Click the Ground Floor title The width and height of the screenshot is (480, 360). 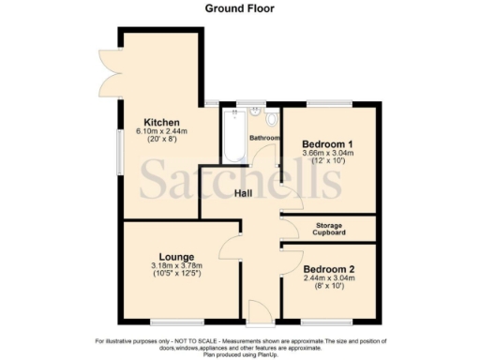pos(240,7)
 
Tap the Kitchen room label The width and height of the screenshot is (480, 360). pos(156,122)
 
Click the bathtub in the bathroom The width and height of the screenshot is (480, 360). pos(232,137)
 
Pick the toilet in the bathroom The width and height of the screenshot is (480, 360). pos(272,120)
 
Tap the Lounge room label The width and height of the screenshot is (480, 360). pos(176,257)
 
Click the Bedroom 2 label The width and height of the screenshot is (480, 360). pos(328,268)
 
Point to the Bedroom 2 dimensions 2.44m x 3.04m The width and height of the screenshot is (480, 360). pos(328,277)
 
